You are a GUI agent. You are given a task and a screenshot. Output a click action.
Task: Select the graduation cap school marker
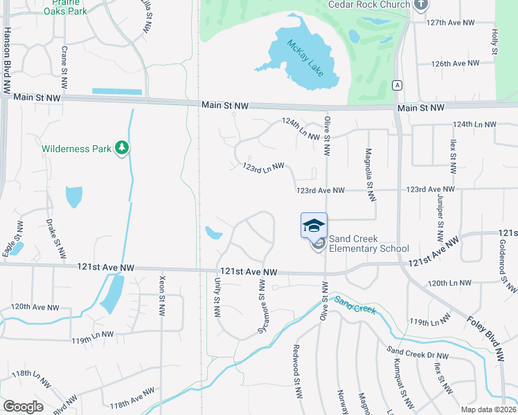(313, 225)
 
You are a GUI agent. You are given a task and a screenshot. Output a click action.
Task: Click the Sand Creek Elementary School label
(368, 243)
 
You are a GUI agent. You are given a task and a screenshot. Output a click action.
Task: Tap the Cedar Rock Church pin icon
(421, 4)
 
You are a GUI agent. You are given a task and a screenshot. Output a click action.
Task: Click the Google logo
(23, 407)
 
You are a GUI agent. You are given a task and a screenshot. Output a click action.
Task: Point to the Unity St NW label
(217, 298)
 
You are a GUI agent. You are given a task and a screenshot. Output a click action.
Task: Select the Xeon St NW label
(162, 294)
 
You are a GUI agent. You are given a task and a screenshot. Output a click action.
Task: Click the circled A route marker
(397, 85)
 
